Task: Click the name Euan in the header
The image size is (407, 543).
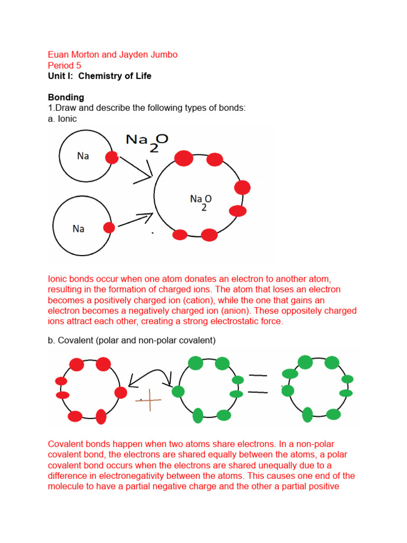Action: click(x=59, y=55)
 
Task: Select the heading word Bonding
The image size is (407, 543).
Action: click(x=66, y=98)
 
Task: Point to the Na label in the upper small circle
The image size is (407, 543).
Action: click(x=83, y=156)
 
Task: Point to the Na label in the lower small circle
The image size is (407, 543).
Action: click(x=78, y=229)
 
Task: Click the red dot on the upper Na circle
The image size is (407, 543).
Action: click(x=112, y=157)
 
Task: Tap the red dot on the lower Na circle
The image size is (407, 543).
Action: click(x=109, y=227)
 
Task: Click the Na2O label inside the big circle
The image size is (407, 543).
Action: click(x=201, y=201)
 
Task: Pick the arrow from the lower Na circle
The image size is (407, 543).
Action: click(x=135, y=221)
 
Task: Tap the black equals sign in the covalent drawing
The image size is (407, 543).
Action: click(x=258, y=384)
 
